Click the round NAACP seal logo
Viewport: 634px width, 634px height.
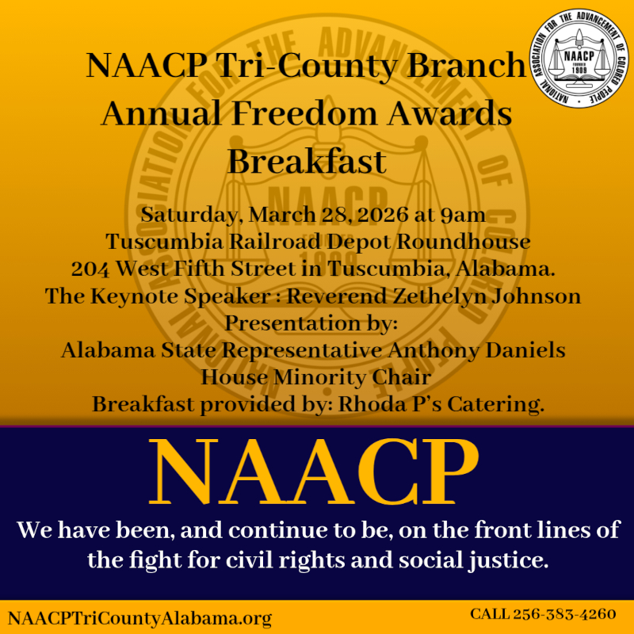(577, 61)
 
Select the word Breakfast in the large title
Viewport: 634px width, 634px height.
(307, 162)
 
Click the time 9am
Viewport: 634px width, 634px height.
(462, 215)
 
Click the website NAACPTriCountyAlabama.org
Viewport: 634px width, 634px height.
(139, 617)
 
